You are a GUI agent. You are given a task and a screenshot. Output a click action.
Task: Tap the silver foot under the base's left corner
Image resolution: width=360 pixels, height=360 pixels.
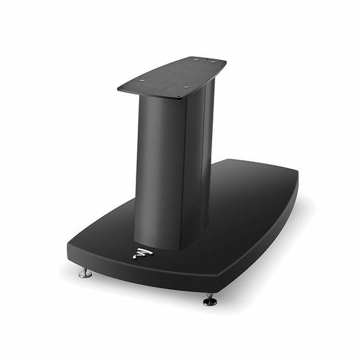tap(84, 273)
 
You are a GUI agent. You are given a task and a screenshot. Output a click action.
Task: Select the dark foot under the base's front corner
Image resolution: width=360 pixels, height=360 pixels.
tap(210, 299)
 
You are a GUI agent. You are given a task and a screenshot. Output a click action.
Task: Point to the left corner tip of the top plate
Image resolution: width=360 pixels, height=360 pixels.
tap(118, 88)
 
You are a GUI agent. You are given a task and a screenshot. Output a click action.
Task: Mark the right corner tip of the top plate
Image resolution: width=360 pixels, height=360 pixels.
tap(226, 62)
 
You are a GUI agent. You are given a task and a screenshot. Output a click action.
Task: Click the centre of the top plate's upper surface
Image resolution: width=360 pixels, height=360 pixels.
tap(172, 76)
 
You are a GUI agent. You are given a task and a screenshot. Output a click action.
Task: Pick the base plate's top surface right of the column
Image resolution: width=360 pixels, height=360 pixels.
tap(250, 203)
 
